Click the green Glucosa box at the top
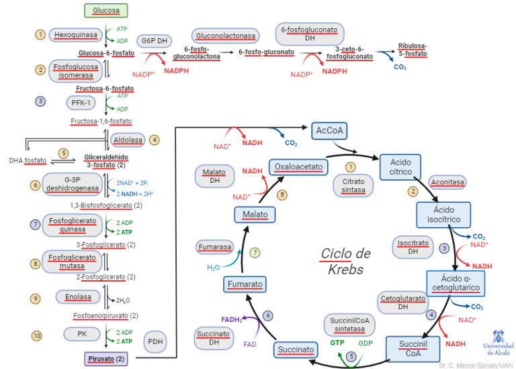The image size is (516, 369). [106, 10]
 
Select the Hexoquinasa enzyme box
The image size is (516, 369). [75, 34]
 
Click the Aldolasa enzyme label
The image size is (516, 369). [129, 140]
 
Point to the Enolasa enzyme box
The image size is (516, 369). [70, 296]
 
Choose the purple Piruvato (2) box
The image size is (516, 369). [106, 359]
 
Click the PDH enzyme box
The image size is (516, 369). [155, 341]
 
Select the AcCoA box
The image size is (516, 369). [329, 130]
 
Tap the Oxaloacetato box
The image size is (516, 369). [298, 166]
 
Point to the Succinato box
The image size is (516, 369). [295, 350]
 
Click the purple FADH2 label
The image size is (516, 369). [232, 319]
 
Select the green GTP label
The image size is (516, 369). [337, 342]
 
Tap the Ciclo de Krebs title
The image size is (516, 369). [345, 261]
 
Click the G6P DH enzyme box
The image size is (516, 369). [154, 40]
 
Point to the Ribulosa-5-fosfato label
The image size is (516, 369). [412, 50]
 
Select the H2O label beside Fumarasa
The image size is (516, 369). [213, 267]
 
